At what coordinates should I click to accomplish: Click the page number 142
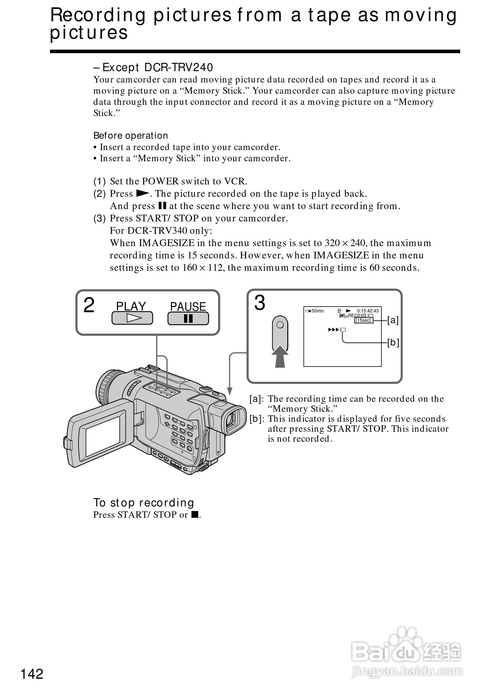point(32,674)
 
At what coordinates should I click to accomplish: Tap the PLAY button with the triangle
point(132,318)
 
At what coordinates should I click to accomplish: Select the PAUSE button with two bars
point(188,318)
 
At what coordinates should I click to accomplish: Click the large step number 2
point(89,305)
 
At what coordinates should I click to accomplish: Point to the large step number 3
point(260,303)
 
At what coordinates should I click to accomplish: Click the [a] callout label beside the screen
point(393,320)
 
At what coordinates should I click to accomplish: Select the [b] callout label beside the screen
point(393,342)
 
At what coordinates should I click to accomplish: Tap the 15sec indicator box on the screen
point(363,320)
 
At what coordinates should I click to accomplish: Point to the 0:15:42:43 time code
point(368,311)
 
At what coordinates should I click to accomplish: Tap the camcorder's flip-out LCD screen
point(103,436)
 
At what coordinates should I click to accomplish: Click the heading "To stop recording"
point(143,503)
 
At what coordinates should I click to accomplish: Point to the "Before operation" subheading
point(131,135)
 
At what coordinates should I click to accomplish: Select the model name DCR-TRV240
point(178,67)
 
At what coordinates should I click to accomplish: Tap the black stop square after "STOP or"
point(195,515)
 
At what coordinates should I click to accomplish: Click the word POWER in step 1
point(160,181)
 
